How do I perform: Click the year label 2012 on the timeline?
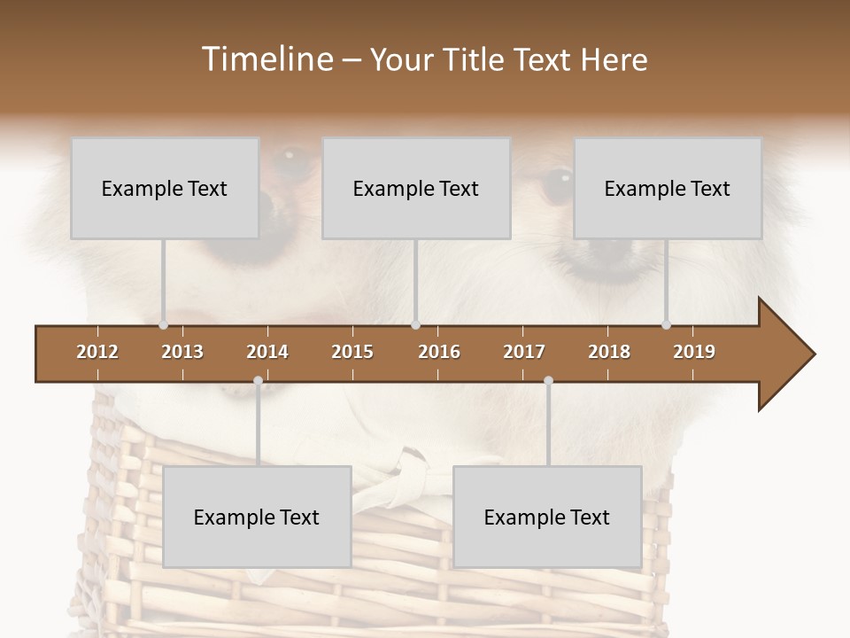[x=97, y=352]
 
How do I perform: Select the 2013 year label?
[x=182, y=352]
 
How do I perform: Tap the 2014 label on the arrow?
[x=267, y=352]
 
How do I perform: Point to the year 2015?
[x=352, y=352]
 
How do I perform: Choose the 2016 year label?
[x=439, y=352]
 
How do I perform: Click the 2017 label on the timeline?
[x=524, y=352]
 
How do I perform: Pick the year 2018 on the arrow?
[x=609, y=352]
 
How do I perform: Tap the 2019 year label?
[x=694, y=352]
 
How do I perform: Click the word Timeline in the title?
[x=266, y=59]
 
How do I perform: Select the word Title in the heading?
[x=478, y=59]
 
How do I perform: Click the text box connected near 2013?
[x=165, y=188]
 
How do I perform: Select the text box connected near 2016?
[x=416, y=188]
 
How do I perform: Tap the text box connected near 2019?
[x=668, y=188]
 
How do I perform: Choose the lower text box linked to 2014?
[x=257, y=517]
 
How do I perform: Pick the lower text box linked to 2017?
[x=547, y=517]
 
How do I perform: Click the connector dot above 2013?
[x=164, y=325]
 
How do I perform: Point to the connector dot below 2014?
[x=258, y=381]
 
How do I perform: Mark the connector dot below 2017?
[x=548, y=381]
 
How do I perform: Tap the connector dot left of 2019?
[x=667, y=325]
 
